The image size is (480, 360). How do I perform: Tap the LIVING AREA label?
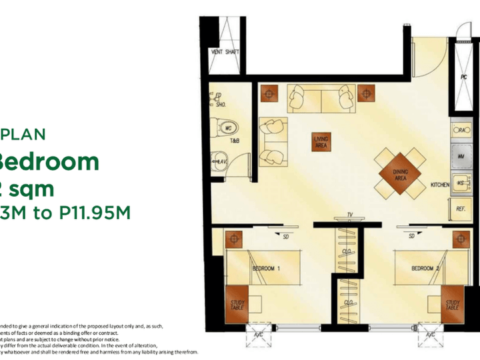[x=321, y=141]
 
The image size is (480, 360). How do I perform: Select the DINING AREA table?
[x=400, y=175]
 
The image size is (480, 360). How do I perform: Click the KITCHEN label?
[x=439, y=184]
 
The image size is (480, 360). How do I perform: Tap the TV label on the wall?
[x=349, y=215]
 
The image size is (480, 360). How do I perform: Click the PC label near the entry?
[x=463, y=77]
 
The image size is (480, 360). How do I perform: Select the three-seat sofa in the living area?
[x=321, y=100]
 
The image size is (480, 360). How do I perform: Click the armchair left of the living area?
[x=272, y=140]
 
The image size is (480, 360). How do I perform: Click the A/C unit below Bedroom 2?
[x=430, y=335]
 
